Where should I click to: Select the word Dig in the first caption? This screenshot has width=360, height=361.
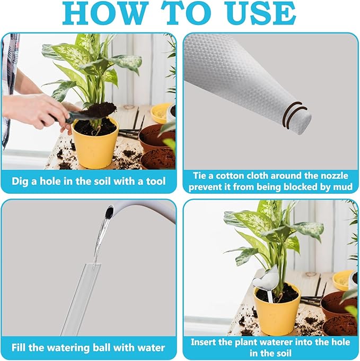point(22,181)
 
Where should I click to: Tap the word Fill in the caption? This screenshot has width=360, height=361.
point(22,348)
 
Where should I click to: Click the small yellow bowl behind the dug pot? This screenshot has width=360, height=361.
point(160,113)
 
